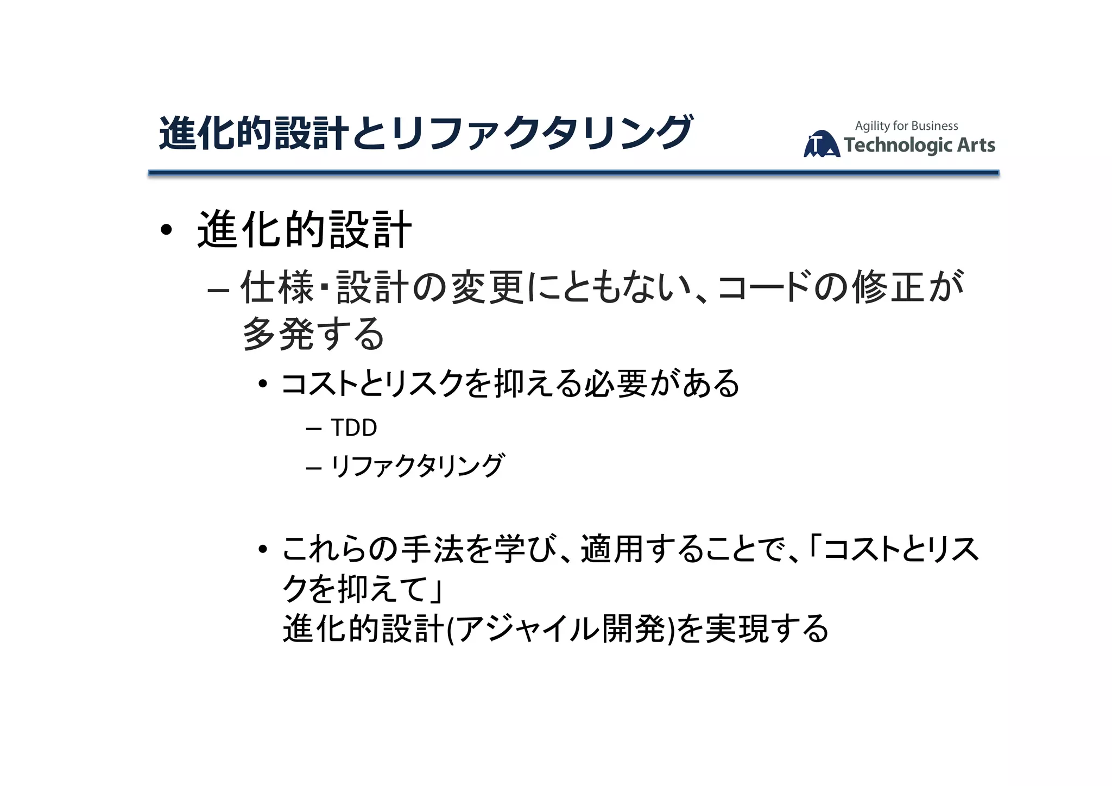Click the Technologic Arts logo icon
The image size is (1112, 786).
click(821, 144)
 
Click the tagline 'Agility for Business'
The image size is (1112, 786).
click(906, 126)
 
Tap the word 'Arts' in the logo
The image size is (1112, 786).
click(976, 145)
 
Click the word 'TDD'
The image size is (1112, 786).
click(353, 428)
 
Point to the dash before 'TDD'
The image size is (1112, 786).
click(313, 429)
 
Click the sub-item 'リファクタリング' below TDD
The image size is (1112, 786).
click(417, 466)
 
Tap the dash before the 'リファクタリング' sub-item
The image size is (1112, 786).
click(313, 467)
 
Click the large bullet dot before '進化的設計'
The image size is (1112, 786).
click(166, 230)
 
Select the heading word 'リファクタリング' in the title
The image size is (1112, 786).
click(541, 133)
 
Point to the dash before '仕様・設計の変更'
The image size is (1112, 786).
click(217, 290)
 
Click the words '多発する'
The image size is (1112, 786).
click(313, 334)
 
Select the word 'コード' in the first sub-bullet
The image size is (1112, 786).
click(763, 287)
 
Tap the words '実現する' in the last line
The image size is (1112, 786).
click(767, 629)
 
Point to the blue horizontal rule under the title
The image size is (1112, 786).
click(573, 173)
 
